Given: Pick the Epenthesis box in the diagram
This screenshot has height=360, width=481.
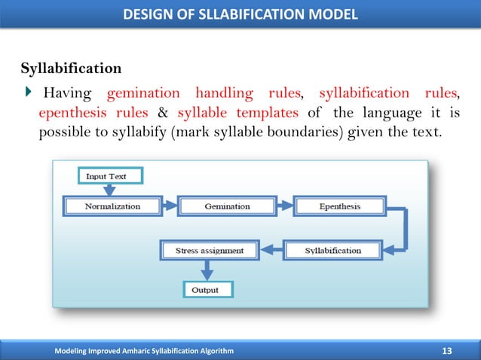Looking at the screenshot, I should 339,206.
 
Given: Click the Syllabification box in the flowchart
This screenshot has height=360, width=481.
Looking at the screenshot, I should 332,250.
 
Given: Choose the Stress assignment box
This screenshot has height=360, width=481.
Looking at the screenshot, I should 210,250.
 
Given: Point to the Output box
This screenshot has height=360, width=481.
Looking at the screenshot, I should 205,289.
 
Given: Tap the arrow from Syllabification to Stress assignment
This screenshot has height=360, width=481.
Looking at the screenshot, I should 271,250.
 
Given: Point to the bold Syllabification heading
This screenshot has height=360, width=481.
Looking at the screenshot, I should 71,69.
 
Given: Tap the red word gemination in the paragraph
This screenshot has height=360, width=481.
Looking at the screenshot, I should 143,93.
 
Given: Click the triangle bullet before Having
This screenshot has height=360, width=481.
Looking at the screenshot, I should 29,93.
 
